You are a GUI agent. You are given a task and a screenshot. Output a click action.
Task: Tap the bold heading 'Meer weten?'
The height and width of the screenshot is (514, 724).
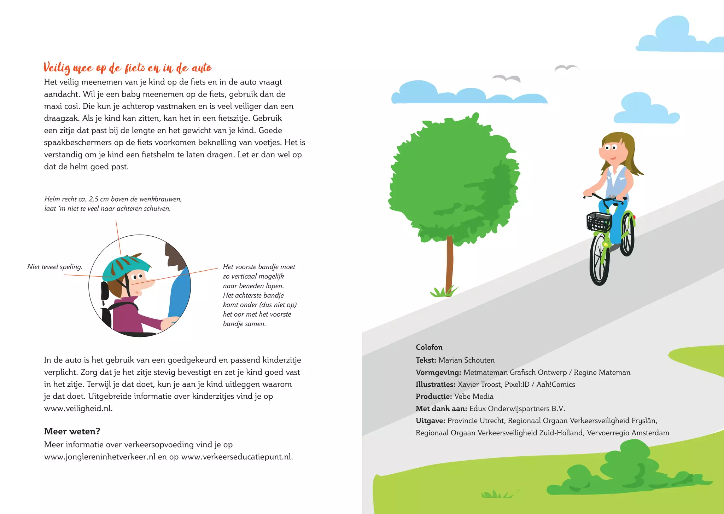pyautogui.click(x=72, y=431)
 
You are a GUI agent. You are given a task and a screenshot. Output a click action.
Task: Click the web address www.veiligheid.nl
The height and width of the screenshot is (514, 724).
pyautogui.click(x=78, y=408)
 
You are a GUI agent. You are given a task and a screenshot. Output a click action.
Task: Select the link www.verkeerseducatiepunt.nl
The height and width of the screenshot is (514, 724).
pyautogui.click(x=237, y=457)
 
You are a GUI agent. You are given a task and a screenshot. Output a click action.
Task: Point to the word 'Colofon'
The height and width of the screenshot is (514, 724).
pyautogui.click(x=429, y=347)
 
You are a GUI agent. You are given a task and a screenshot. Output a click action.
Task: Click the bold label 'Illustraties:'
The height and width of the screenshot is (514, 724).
pyautogui.click(x=435, y=385)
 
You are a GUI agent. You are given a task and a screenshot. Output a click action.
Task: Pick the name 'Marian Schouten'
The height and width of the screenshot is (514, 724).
pyautogui.click(x=466, y=360)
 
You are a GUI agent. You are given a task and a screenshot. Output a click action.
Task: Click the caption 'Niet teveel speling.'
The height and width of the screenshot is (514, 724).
pyautogui.click(x=55, y=267)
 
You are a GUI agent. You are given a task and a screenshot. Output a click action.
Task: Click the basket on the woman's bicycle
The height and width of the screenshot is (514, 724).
pyautogui.click(x=599, y=222)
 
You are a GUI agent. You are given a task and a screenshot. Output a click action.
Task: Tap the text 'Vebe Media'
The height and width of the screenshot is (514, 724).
pyautogui.click(x=474, y=397)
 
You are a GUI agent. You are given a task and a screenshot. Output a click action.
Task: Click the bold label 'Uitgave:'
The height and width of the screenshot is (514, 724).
pyautogui.click(x=430, y=421)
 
